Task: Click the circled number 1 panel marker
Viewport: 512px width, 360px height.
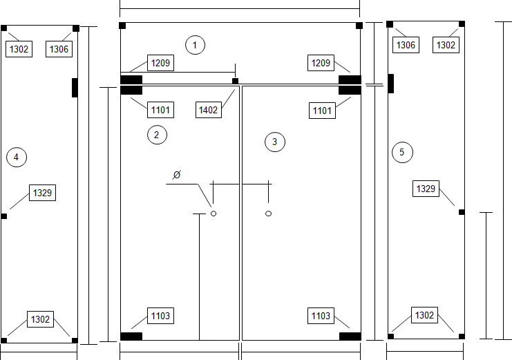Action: (x=196, y=45)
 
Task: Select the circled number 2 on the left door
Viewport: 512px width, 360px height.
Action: (x=157, y=135)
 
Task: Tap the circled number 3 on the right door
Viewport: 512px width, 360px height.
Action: (x=275, y=142)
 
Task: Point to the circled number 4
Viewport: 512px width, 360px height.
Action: (x=17, y=157)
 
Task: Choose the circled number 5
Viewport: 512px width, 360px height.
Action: (x=402, y=152)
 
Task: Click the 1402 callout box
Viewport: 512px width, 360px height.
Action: (x=209, y=110)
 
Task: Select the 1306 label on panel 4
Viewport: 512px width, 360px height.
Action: (x=59, y=49)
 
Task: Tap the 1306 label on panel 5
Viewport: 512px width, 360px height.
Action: (x=406, y=45)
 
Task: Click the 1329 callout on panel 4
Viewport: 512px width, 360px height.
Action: (x=42, y=193)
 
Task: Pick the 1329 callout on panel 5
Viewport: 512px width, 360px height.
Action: (x=426, y=189)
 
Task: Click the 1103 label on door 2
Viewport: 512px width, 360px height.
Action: (x=161, y=316)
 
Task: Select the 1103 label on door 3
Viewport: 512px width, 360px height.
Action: (x=321, y=316)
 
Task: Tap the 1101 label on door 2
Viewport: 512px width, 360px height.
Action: (x=161, y=110)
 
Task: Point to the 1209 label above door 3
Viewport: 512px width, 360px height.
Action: (x=321, y=63)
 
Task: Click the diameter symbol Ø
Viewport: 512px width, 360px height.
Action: (x=177, y=175)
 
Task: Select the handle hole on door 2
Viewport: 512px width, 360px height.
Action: (x=214, y=214)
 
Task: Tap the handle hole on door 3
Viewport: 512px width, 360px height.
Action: (x=268, y=214)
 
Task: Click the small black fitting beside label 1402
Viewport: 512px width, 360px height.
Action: (x=235, y=81)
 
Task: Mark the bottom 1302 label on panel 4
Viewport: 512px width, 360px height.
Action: (x=41, y=319)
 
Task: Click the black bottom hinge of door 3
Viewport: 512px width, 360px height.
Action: (x=350, y=336)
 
